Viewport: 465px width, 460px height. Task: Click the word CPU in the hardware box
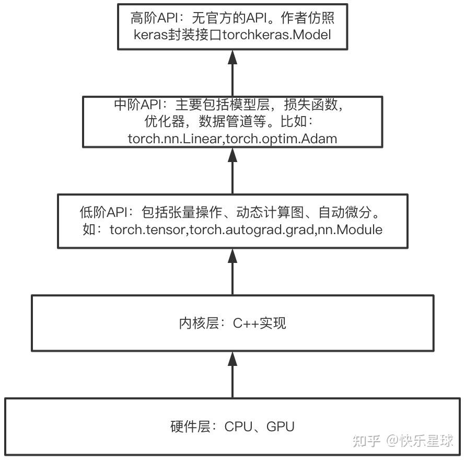238,427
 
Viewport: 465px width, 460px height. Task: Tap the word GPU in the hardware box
281,427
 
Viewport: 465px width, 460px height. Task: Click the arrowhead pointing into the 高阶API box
233,56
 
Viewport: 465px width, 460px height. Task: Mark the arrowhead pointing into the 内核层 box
233,357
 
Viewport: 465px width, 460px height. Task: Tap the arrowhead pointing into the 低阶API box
233,255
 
